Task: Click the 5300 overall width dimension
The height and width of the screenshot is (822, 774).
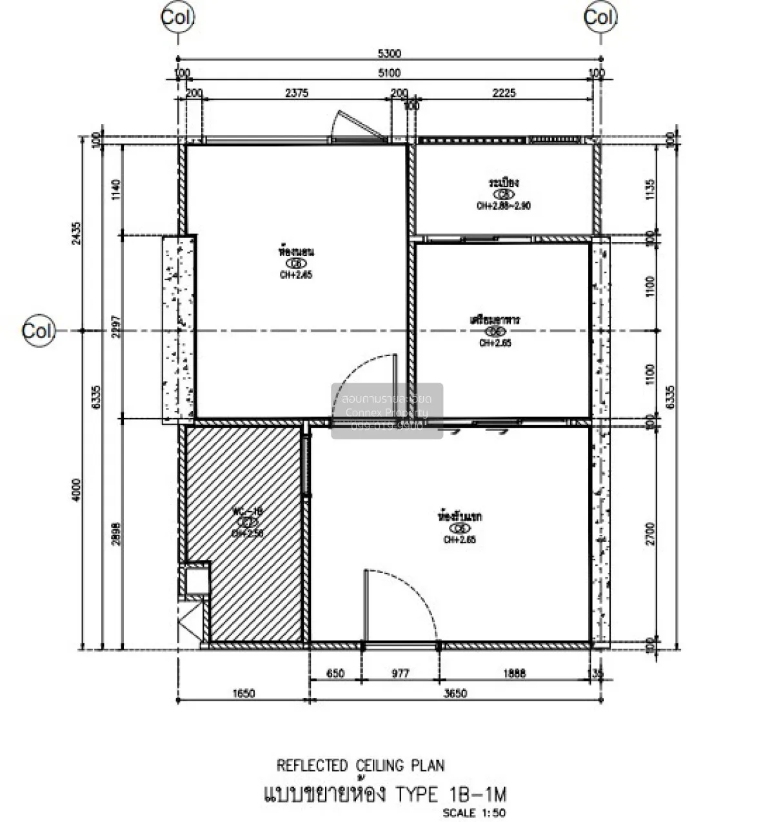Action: coord(387,54)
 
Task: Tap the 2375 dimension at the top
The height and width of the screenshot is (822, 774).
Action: coord(296,93)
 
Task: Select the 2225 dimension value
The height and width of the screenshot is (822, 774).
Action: coord(504,93)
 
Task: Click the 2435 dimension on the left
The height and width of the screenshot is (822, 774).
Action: coord(77,236)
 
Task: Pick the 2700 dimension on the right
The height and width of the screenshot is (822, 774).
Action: coord(650,534)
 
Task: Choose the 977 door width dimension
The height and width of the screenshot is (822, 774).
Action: coord(400,674)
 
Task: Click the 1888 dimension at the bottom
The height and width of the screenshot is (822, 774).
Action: coord(514,674)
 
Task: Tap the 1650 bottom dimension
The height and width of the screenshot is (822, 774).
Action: coord(243,694)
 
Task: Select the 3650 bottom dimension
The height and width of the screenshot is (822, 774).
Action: coord(455,694)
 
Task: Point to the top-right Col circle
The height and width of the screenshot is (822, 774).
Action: coord(599,17)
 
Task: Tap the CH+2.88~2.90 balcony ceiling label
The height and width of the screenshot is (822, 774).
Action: coord(504,206)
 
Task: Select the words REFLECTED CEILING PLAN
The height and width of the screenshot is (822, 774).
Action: coord(361,766)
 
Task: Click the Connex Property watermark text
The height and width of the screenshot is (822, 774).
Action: coord(387,413)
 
